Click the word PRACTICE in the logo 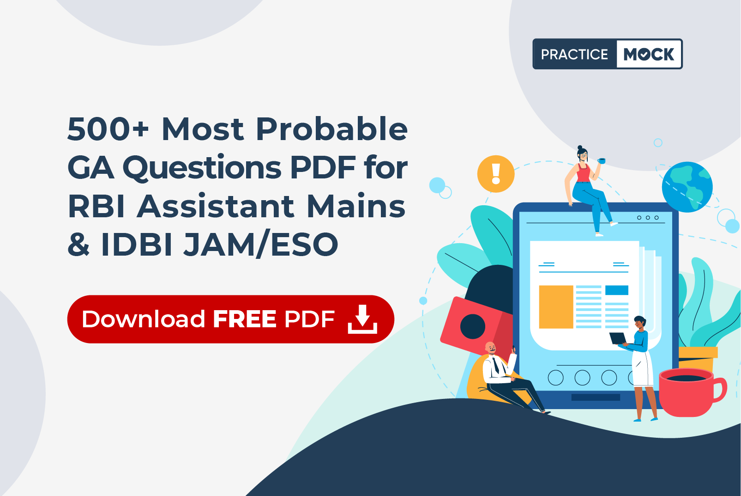[x=574, y=54]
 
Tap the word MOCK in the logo [x=649, y=54]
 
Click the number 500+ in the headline [x=108, y=129]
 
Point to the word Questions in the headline [x=202, y=168]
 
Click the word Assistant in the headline [x=215, y=206]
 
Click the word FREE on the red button [x=245, y=319]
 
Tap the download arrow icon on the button [x=362, y=319]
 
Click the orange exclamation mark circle [x=496, y=174]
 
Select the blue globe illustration [x=687, y=187]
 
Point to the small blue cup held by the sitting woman [x=602, y=161]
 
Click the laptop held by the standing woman [x=618, y=338]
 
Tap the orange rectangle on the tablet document [x=556, y=307]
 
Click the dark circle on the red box [x=473, y=326]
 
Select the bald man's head [x=491, y=348]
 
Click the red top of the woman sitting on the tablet [x=584, y=173]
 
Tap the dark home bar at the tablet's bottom [x=596, y=398]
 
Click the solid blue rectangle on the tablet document [x=617, y=290]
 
